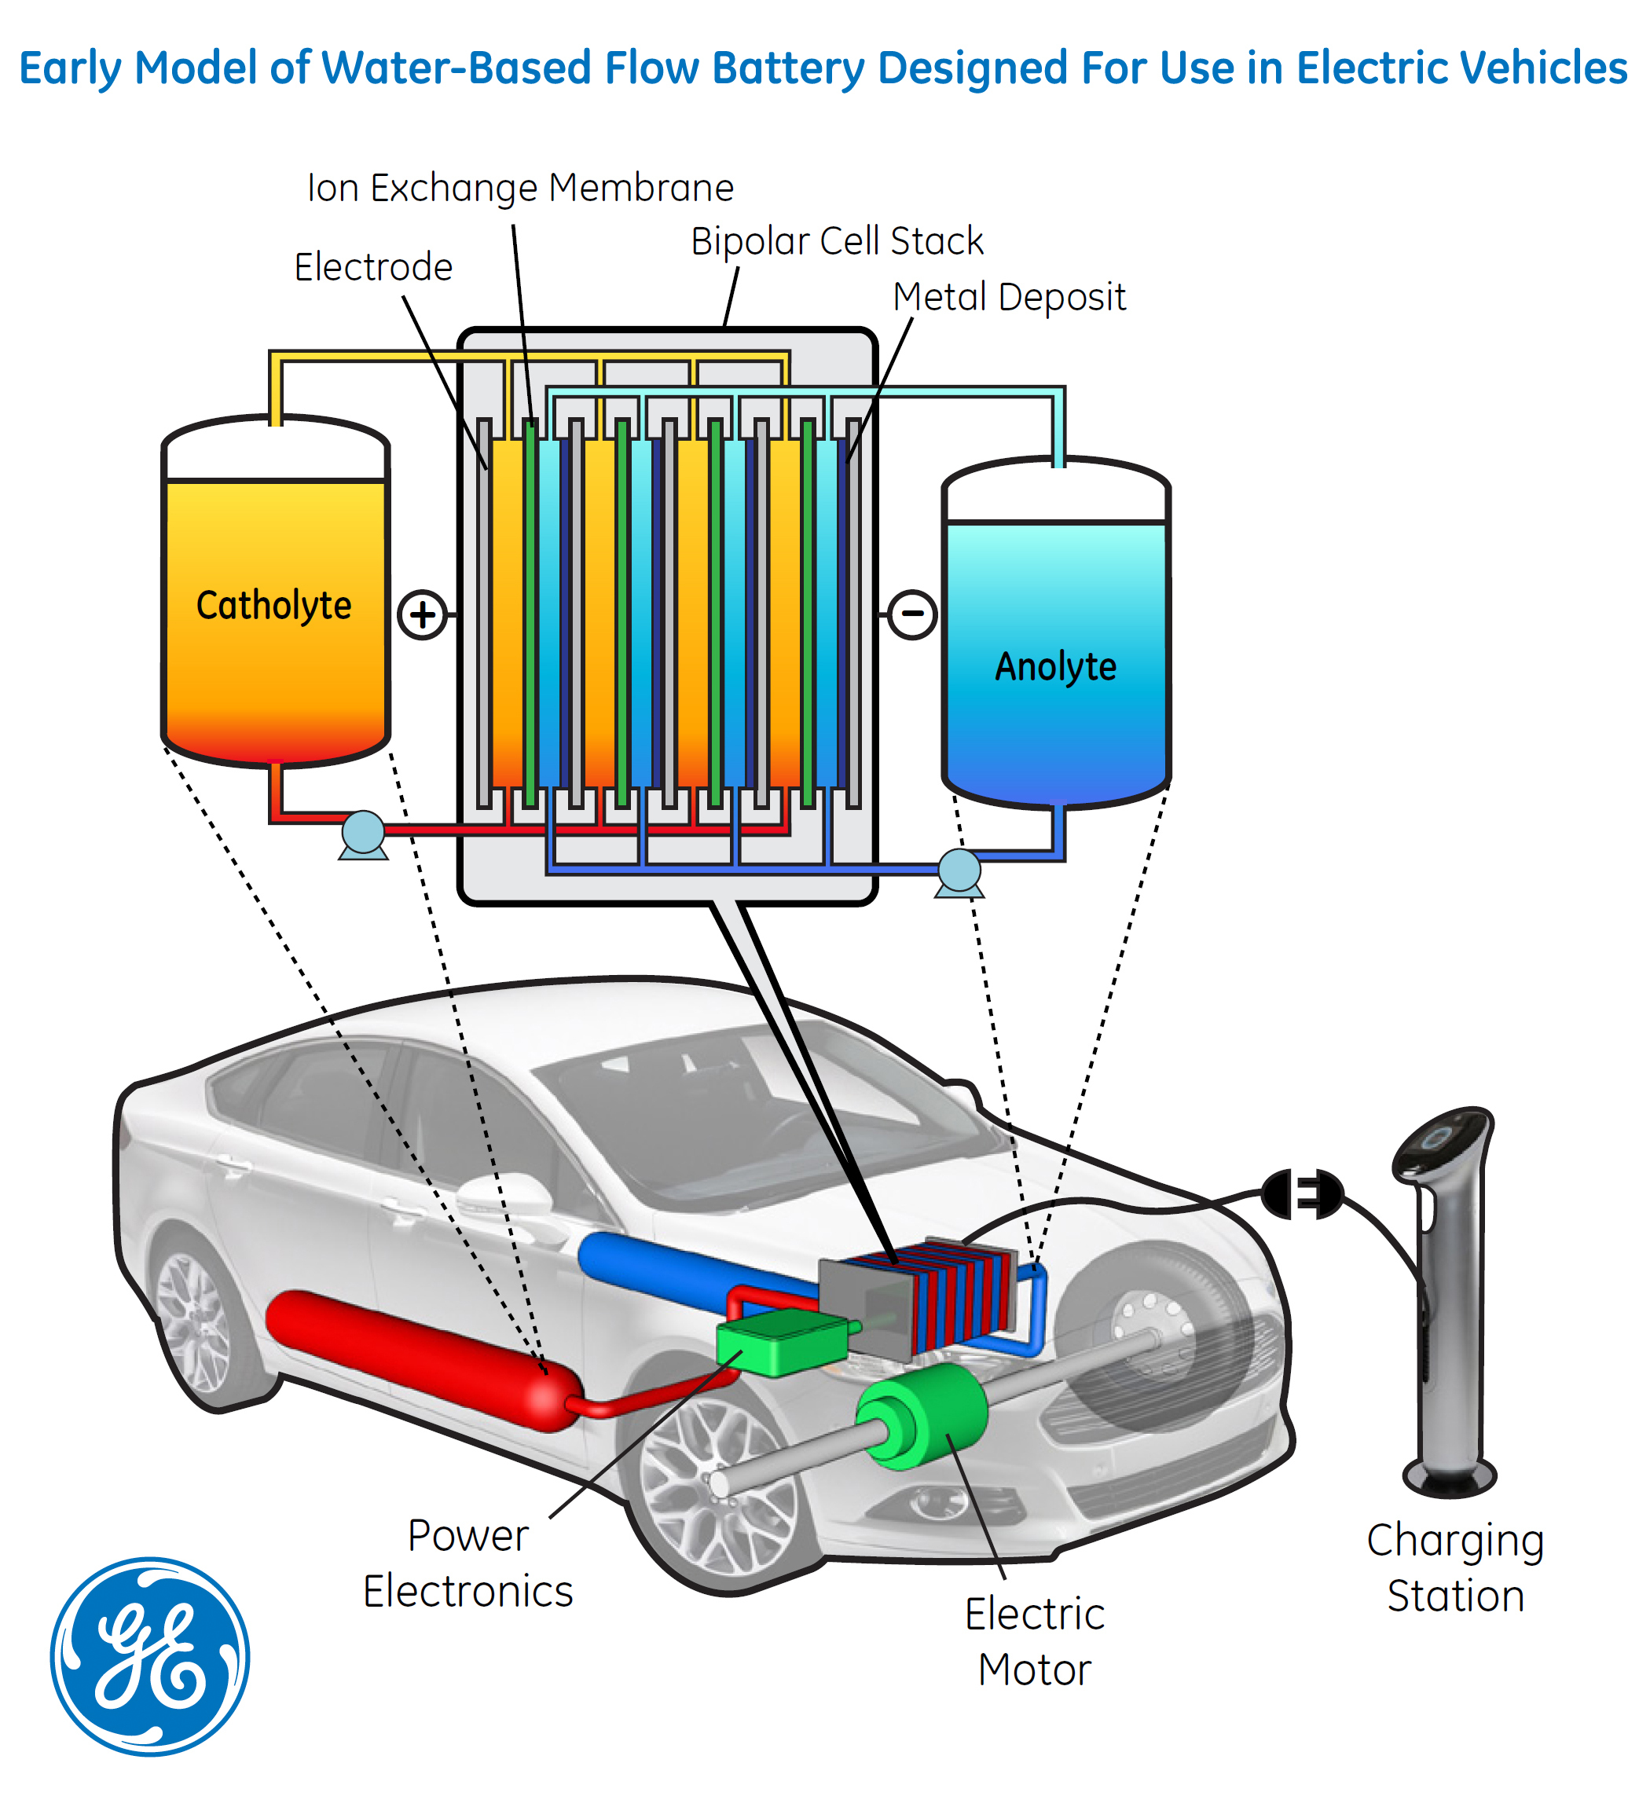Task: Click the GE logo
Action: pos(149,1656)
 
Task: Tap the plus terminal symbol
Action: pos(422,615)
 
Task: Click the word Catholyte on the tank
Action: pos(273,606)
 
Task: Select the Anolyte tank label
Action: pos(1056,667)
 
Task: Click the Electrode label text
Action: pos(373,267)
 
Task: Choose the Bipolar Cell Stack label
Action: pos(836,241)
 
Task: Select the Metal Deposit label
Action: pos(1008,298)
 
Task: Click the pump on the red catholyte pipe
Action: pos(363,833)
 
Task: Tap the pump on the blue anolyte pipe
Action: pos(959,871)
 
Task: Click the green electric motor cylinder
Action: pos(923,1417)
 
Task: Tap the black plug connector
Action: pos(1301,1194)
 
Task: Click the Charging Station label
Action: pos(1454,1569)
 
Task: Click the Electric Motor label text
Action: pos(1034,1642)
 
